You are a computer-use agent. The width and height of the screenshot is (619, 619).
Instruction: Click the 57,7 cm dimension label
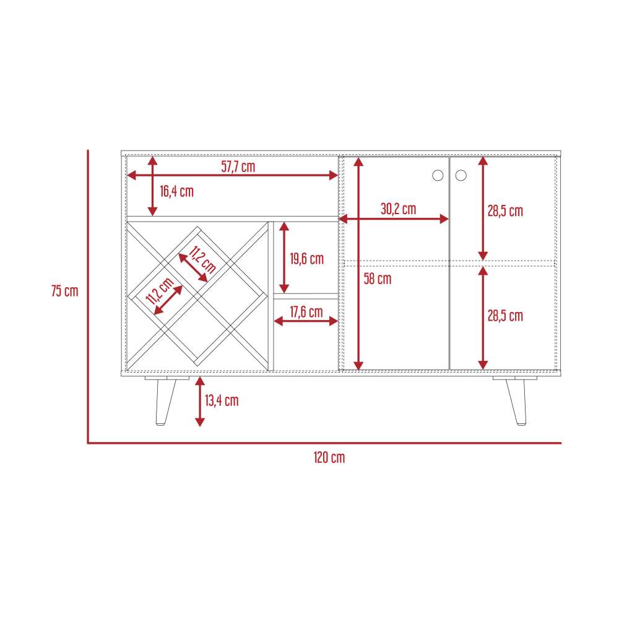[x=238, y=167]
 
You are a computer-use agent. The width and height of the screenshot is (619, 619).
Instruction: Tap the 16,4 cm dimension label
[x=176, y=191]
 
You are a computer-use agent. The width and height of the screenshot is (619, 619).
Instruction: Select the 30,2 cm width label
[x=398, y=209]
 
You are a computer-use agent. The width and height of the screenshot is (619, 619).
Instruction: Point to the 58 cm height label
[x=378, y=279]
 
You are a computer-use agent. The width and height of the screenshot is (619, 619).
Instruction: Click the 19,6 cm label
[x=307, y=259]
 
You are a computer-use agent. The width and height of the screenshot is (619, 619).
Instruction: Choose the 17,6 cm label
[x=306, y=312]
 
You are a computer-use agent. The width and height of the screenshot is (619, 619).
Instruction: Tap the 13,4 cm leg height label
[x=222, y=400]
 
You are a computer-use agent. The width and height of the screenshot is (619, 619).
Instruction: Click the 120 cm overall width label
[x=329, y=457]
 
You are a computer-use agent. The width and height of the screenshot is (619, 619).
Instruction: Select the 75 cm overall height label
[x=65, y=291]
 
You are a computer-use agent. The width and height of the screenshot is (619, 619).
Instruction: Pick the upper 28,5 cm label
[x=505, y=211]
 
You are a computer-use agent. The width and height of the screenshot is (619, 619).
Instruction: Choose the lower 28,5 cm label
[x=505, y=316]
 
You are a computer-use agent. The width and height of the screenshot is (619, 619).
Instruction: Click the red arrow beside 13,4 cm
[x=200, y=402]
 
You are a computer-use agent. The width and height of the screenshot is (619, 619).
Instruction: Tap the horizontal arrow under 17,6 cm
[x=306, y=321]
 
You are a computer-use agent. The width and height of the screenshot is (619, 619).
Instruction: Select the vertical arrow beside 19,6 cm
[x=284, y=258]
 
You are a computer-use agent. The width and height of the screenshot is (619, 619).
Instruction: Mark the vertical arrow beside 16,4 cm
[x=153, y=186]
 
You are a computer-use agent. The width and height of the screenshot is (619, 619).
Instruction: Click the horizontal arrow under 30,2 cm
[x=394, y=219]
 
